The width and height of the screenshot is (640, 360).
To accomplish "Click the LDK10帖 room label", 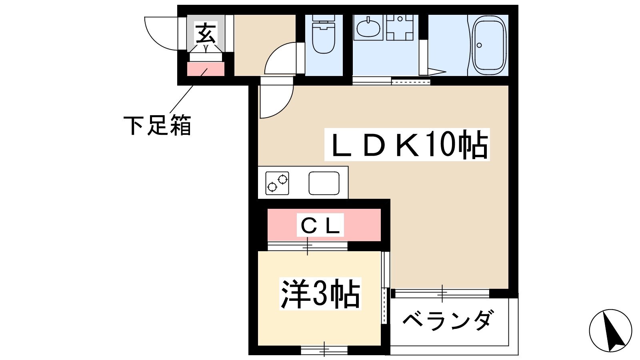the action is click(x=407, y=144).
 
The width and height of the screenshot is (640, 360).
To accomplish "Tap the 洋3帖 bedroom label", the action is click(x=320, y=294).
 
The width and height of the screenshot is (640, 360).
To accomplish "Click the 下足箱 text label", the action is click(x=157, y=125).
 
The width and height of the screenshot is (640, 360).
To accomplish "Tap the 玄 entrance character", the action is click(x=206, y=34).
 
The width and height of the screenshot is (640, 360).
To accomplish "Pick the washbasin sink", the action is click(x=368, y=28).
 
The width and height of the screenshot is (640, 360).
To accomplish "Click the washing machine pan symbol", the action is click(x=400, y=28).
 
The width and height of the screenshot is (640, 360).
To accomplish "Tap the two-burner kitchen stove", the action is click(x=277, y=183).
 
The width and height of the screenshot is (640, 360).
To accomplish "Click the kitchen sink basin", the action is click(x=324, y=183).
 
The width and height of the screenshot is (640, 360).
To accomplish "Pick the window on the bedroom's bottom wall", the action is click(x=324, y=350).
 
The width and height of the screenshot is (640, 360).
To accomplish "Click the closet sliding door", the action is click(x=308, y=246).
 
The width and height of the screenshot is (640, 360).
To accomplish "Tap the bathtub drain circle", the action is click(x=479, y=45).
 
